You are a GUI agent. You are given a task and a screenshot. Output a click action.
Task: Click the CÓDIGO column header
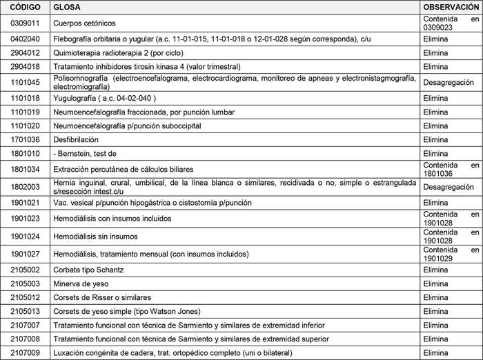coord(26,6)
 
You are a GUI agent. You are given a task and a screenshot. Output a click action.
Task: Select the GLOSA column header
coord(67,6)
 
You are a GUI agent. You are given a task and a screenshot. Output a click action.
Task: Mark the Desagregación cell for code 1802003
coord(448,186)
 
